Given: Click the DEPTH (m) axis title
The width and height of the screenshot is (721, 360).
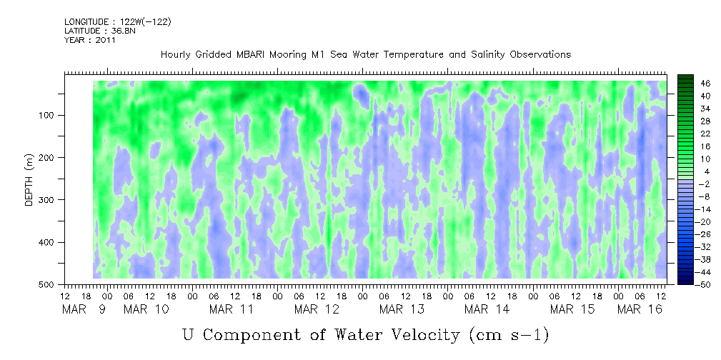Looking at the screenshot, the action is coord(29,183).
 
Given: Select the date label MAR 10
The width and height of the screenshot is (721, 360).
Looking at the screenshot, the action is coord(146,309).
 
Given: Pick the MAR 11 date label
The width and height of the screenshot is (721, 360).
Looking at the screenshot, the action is coord(231,309).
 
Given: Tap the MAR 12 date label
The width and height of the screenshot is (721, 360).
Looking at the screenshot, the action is coord(317,309).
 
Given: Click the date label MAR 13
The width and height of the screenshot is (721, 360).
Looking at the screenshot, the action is coord(402,309).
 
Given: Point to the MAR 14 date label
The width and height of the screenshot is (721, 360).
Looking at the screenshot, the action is coord(487,309).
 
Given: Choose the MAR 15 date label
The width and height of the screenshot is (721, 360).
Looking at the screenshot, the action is coord(572,309).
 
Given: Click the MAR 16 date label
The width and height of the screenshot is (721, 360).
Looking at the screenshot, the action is coord(640,309).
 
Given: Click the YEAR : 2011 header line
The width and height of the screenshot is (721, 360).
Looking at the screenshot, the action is coord(90,40).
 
